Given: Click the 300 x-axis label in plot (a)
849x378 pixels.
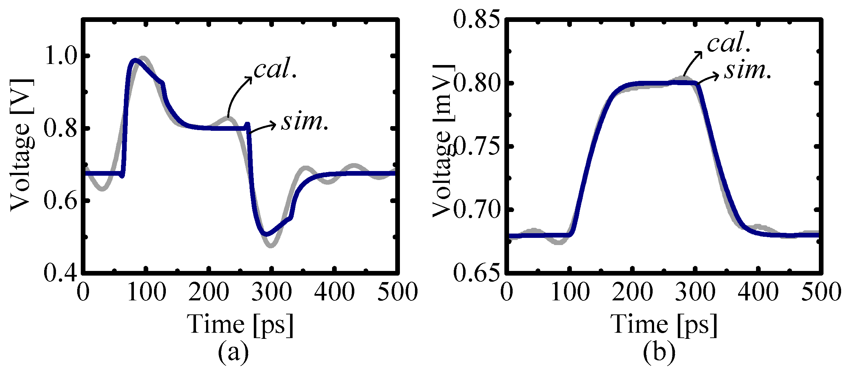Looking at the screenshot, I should (271, 291).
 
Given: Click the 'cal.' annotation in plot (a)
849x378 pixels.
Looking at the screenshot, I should (275, 69).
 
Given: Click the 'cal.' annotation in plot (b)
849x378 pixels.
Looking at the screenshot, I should (729, 43).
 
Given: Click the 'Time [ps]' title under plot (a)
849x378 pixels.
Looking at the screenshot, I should (240, 324).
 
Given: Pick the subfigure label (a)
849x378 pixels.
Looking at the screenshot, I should (233, 352).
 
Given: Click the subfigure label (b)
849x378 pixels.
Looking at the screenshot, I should (659, 352).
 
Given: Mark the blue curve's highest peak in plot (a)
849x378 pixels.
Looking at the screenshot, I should (135, 60).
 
